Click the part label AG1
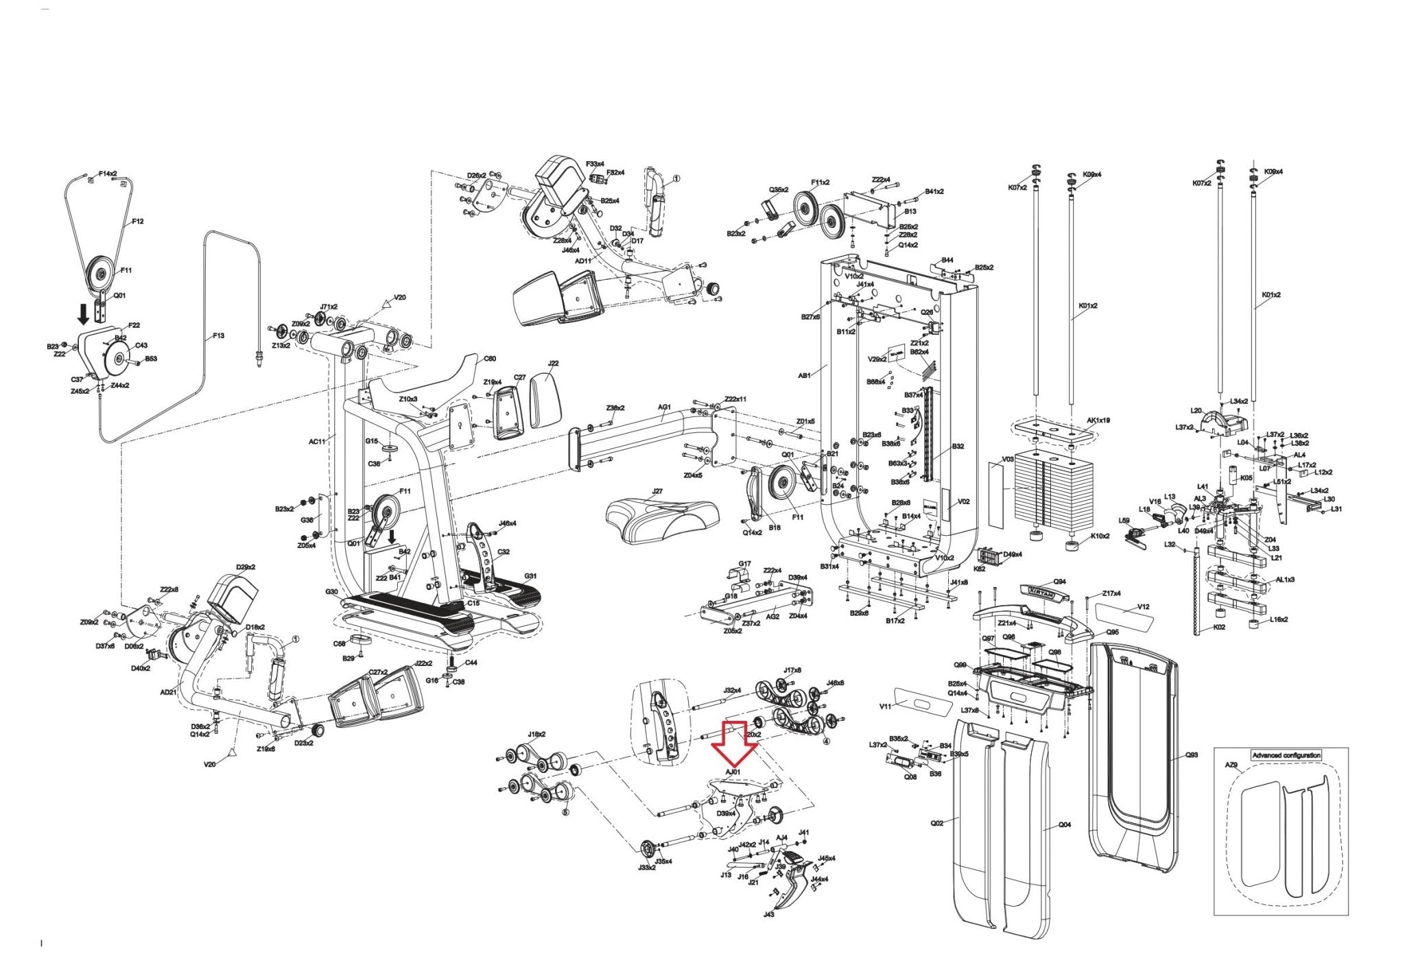664,407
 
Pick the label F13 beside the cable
218,335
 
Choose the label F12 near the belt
137,222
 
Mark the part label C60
490,358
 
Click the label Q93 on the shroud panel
1192,755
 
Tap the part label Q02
937,822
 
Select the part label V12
1143,606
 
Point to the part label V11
886,706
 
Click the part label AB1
804,375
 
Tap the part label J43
768,914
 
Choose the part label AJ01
733,772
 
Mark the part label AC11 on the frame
317,442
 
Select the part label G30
331,591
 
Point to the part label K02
1218,627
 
